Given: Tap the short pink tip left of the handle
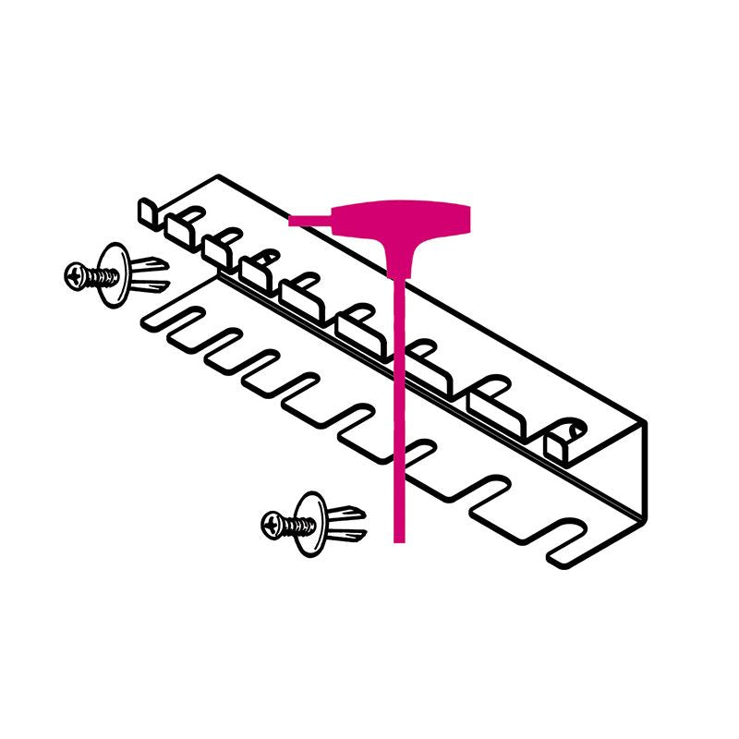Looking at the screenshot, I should point(305,220).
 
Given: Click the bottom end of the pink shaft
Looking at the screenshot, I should point(399,538).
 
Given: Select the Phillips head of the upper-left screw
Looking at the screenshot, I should point(77,274).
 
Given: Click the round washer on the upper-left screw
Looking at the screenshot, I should point(114,273).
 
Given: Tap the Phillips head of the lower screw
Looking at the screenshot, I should point(273,524).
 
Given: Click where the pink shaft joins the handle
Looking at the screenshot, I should point(399,273).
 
